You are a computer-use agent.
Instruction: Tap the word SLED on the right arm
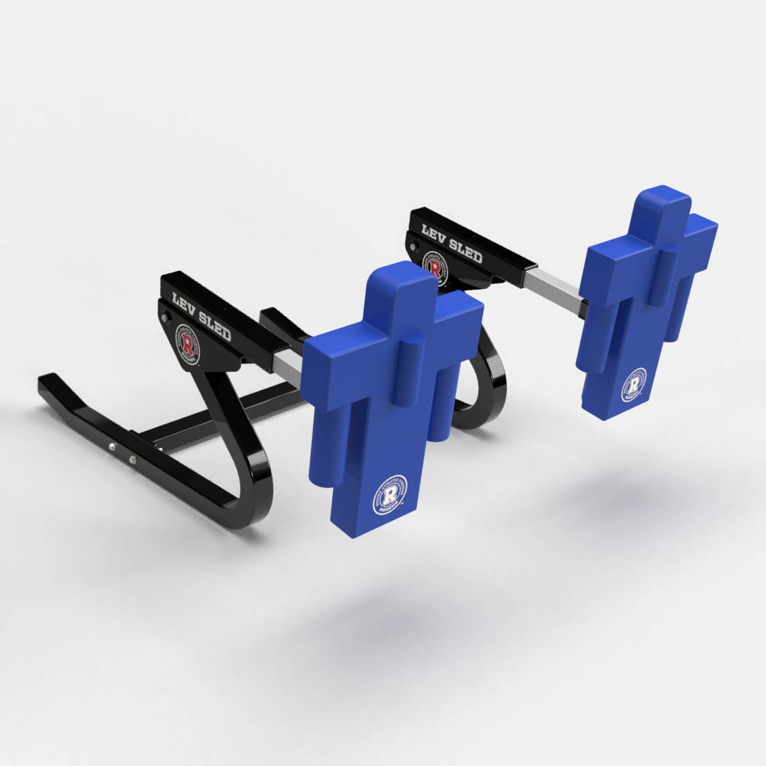[466, 251]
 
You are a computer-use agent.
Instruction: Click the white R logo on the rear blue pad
[634, 385]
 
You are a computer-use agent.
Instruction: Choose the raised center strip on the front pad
[411, 369]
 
